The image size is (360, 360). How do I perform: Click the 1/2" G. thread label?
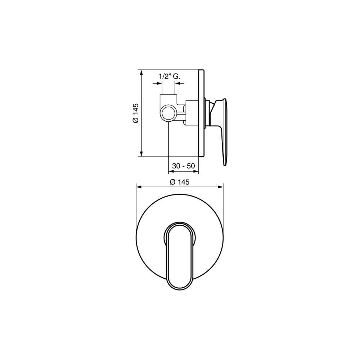(x=170, y=76)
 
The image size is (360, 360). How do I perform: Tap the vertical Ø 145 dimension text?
(x=136, y=113)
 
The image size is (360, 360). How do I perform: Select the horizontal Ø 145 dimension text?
(x=180, y=182)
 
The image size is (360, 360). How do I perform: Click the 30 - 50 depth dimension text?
(x=184, y=166)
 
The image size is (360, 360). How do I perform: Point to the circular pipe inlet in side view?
(x=169, y=113)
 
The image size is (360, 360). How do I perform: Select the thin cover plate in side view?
(x=201, y=113)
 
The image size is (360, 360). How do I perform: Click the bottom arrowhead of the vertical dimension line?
(x=141, y=154)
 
